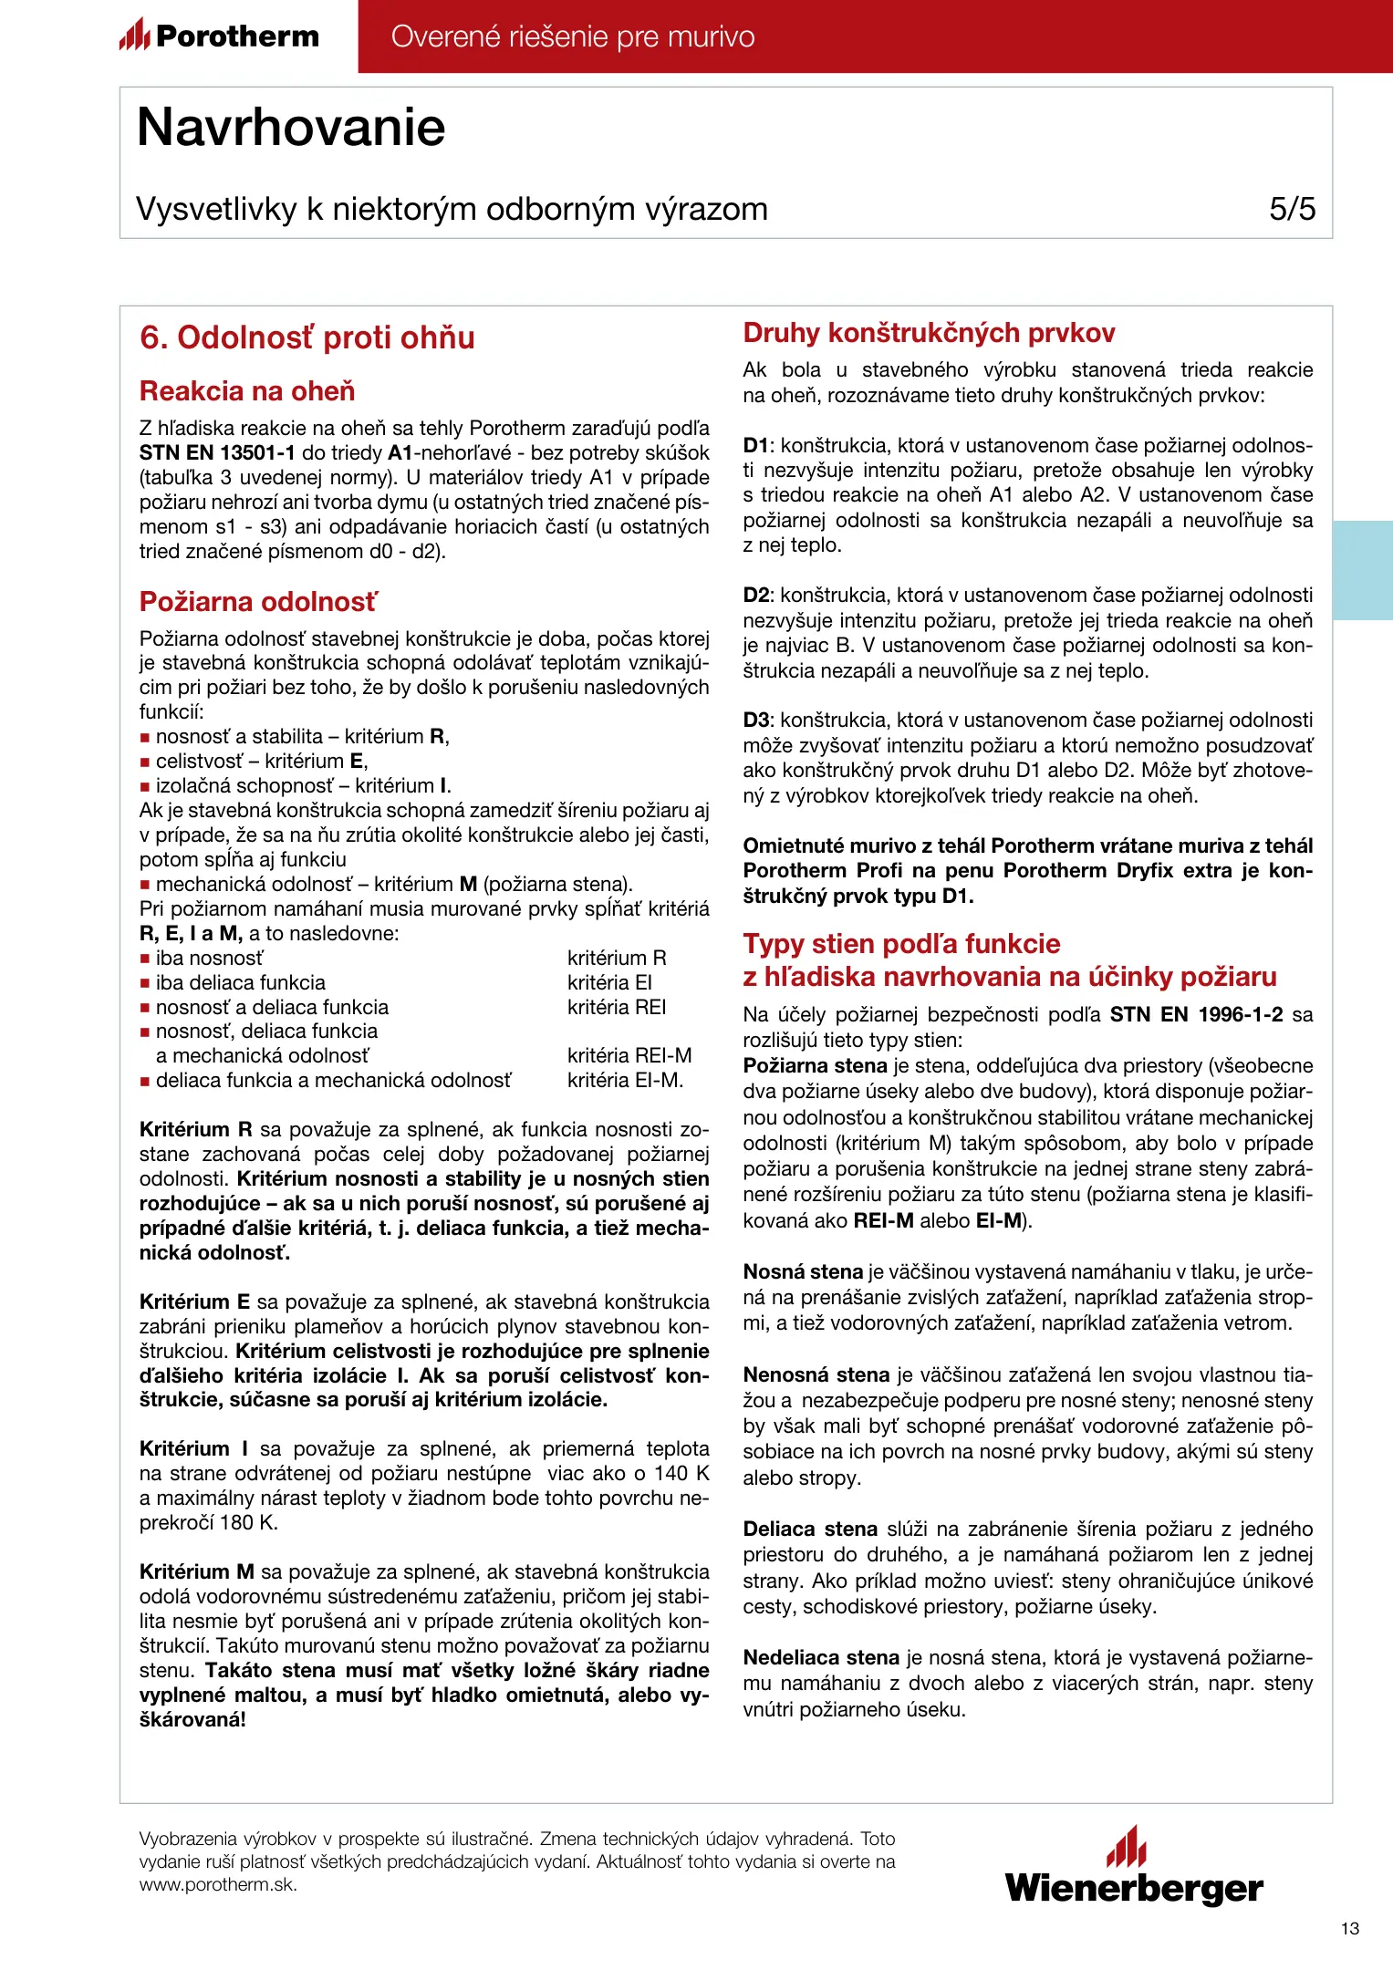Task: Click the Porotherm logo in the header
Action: point(219,36)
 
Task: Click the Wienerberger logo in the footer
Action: point(1134,1868)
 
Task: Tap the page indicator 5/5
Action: point(1292,209)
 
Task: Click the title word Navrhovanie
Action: point(291,128)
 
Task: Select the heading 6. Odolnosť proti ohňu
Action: point(307,337)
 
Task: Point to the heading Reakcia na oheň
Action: point(247,391)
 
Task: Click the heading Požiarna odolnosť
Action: point(257,602)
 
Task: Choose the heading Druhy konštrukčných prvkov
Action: point(929,333)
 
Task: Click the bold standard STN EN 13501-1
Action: point(217,453)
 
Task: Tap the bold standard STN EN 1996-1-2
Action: point(1196,1015)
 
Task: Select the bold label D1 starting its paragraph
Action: point(756,446)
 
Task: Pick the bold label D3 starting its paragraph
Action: point(756,721)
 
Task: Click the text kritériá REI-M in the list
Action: point(629,1056)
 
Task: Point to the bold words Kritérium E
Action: point(194,1302)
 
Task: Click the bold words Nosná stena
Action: point(803,1272)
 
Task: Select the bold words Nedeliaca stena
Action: point(821,1658)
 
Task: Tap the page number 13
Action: point(1350,1929)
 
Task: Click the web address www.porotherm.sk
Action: point(218,1885)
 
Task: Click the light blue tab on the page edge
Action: point(1363,570)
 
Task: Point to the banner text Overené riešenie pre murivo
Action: point(573,36)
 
